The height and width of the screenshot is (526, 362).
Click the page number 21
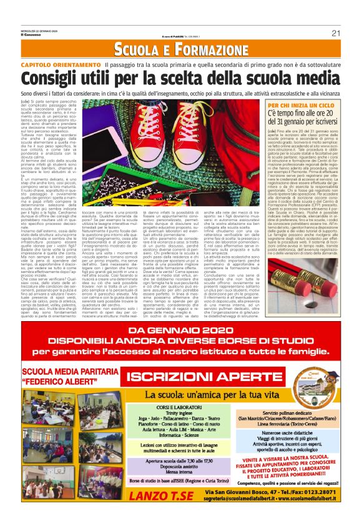(335, 33)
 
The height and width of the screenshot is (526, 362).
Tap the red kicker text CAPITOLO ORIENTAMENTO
(61, 65)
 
